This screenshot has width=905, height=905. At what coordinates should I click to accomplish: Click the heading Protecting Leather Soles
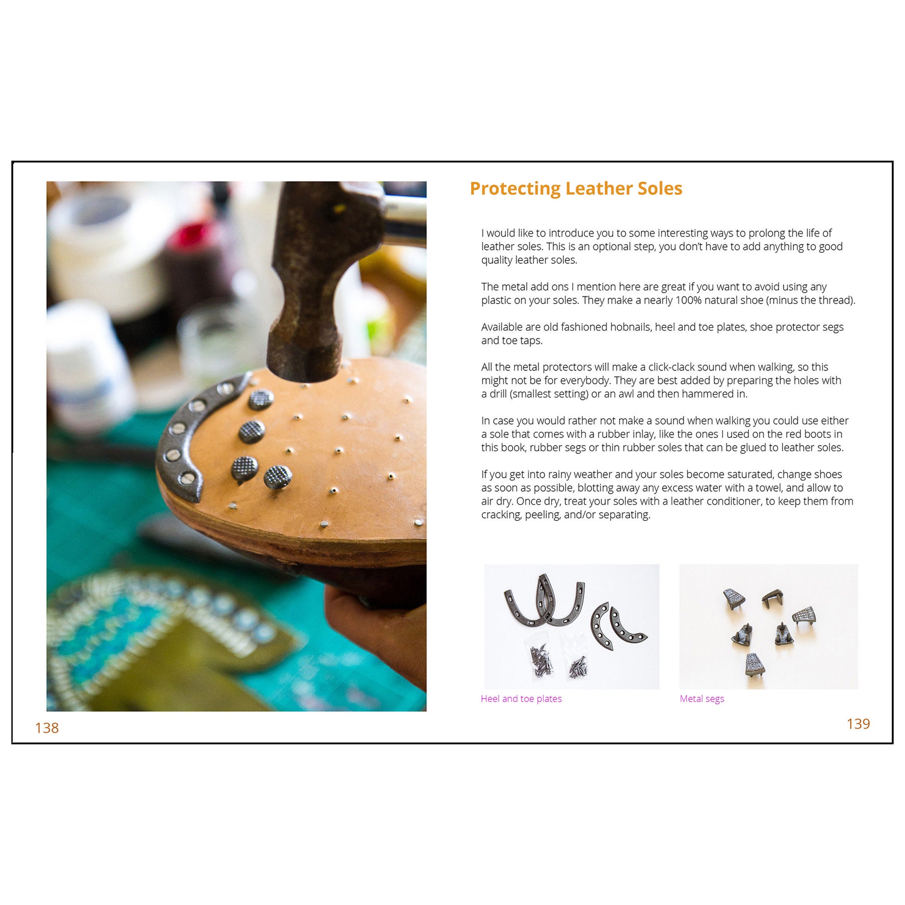(x=576, y=188)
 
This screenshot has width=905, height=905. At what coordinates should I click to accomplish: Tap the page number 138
(x=47, y=728)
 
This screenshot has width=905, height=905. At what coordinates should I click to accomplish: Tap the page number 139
(x=858, y=724)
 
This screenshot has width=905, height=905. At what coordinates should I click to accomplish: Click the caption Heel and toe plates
(x=521, y=699)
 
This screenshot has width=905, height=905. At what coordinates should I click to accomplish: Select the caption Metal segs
(x=702, y=699)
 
